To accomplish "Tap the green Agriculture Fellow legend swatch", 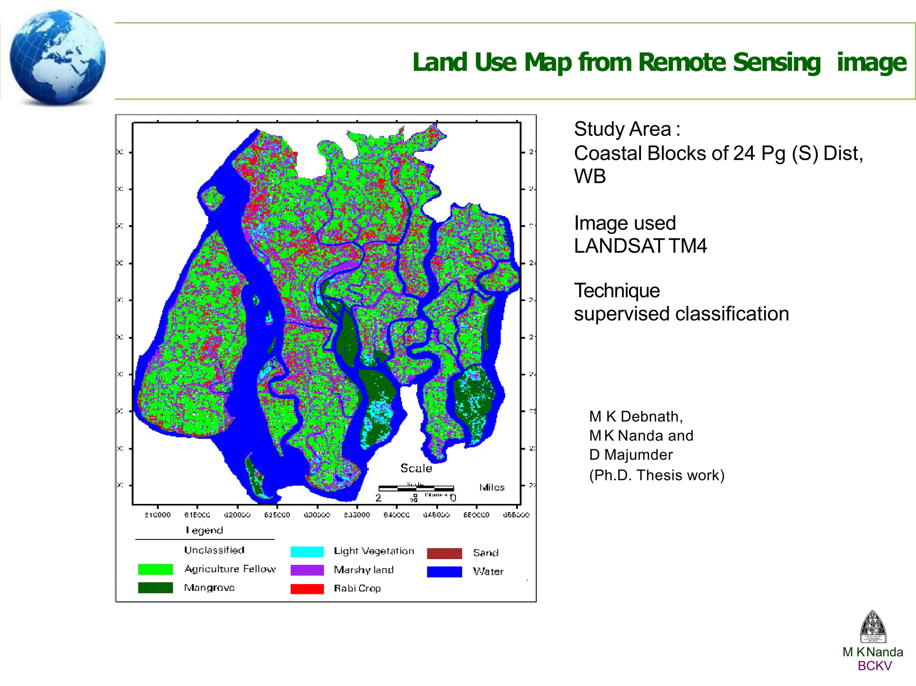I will (x=155, y=569).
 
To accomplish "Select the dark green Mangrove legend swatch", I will (x=155, y=588).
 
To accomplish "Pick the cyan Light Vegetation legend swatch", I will (x=307, y=552).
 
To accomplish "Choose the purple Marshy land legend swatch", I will (x=307, y=570).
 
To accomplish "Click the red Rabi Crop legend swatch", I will (x=307, y=589).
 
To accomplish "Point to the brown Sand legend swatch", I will (x=444, y=553).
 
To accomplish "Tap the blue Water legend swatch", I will (x=444, y=572).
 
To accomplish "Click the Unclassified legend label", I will (x=214, y=550).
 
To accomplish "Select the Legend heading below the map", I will (x=204, y=530).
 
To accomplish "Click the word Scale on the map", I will (x=416, y=468).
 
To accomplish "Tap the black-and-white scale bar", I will (x=416, y=488).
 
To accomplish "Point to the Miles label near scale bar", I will (x=492, y=487).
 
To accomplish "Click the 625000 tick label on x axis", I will (x=277, y=515).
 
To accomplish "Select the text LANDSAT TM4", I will (x=640, y=246).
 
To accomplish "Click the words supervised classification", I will (x=681, y=314).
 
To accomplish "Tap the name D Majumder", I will (x=631, y=455).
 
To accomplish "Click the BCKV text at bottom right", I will (x=874, y=666).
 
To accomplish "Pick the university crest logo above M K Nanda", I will (x=873, y=627).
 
